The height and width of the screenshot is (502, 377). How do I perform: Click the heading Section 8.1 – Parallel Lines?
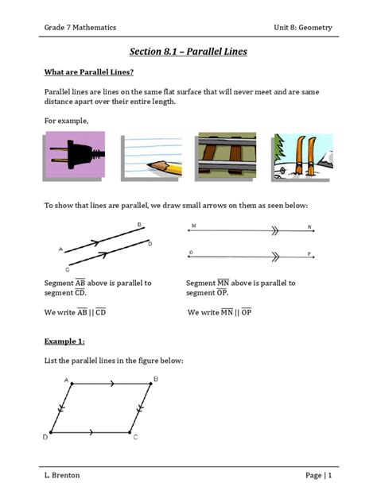pos(188,52)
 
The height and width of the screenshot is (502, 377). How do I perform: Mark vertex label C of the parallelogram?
pos(135,438)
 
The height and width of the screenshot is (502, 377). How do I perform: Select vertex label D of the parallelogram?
pos(45,438)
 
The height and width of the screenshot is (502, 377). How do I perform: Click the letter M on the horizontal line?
pos(192,226)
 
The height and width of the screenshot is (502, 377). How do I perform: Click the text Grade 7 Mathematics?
pos(80,27)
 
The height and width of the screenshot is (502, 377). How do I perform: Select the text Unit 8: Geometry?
pos(302,27)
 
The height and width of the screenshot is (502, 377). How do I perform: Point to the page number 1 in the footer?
pos(328,475)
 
